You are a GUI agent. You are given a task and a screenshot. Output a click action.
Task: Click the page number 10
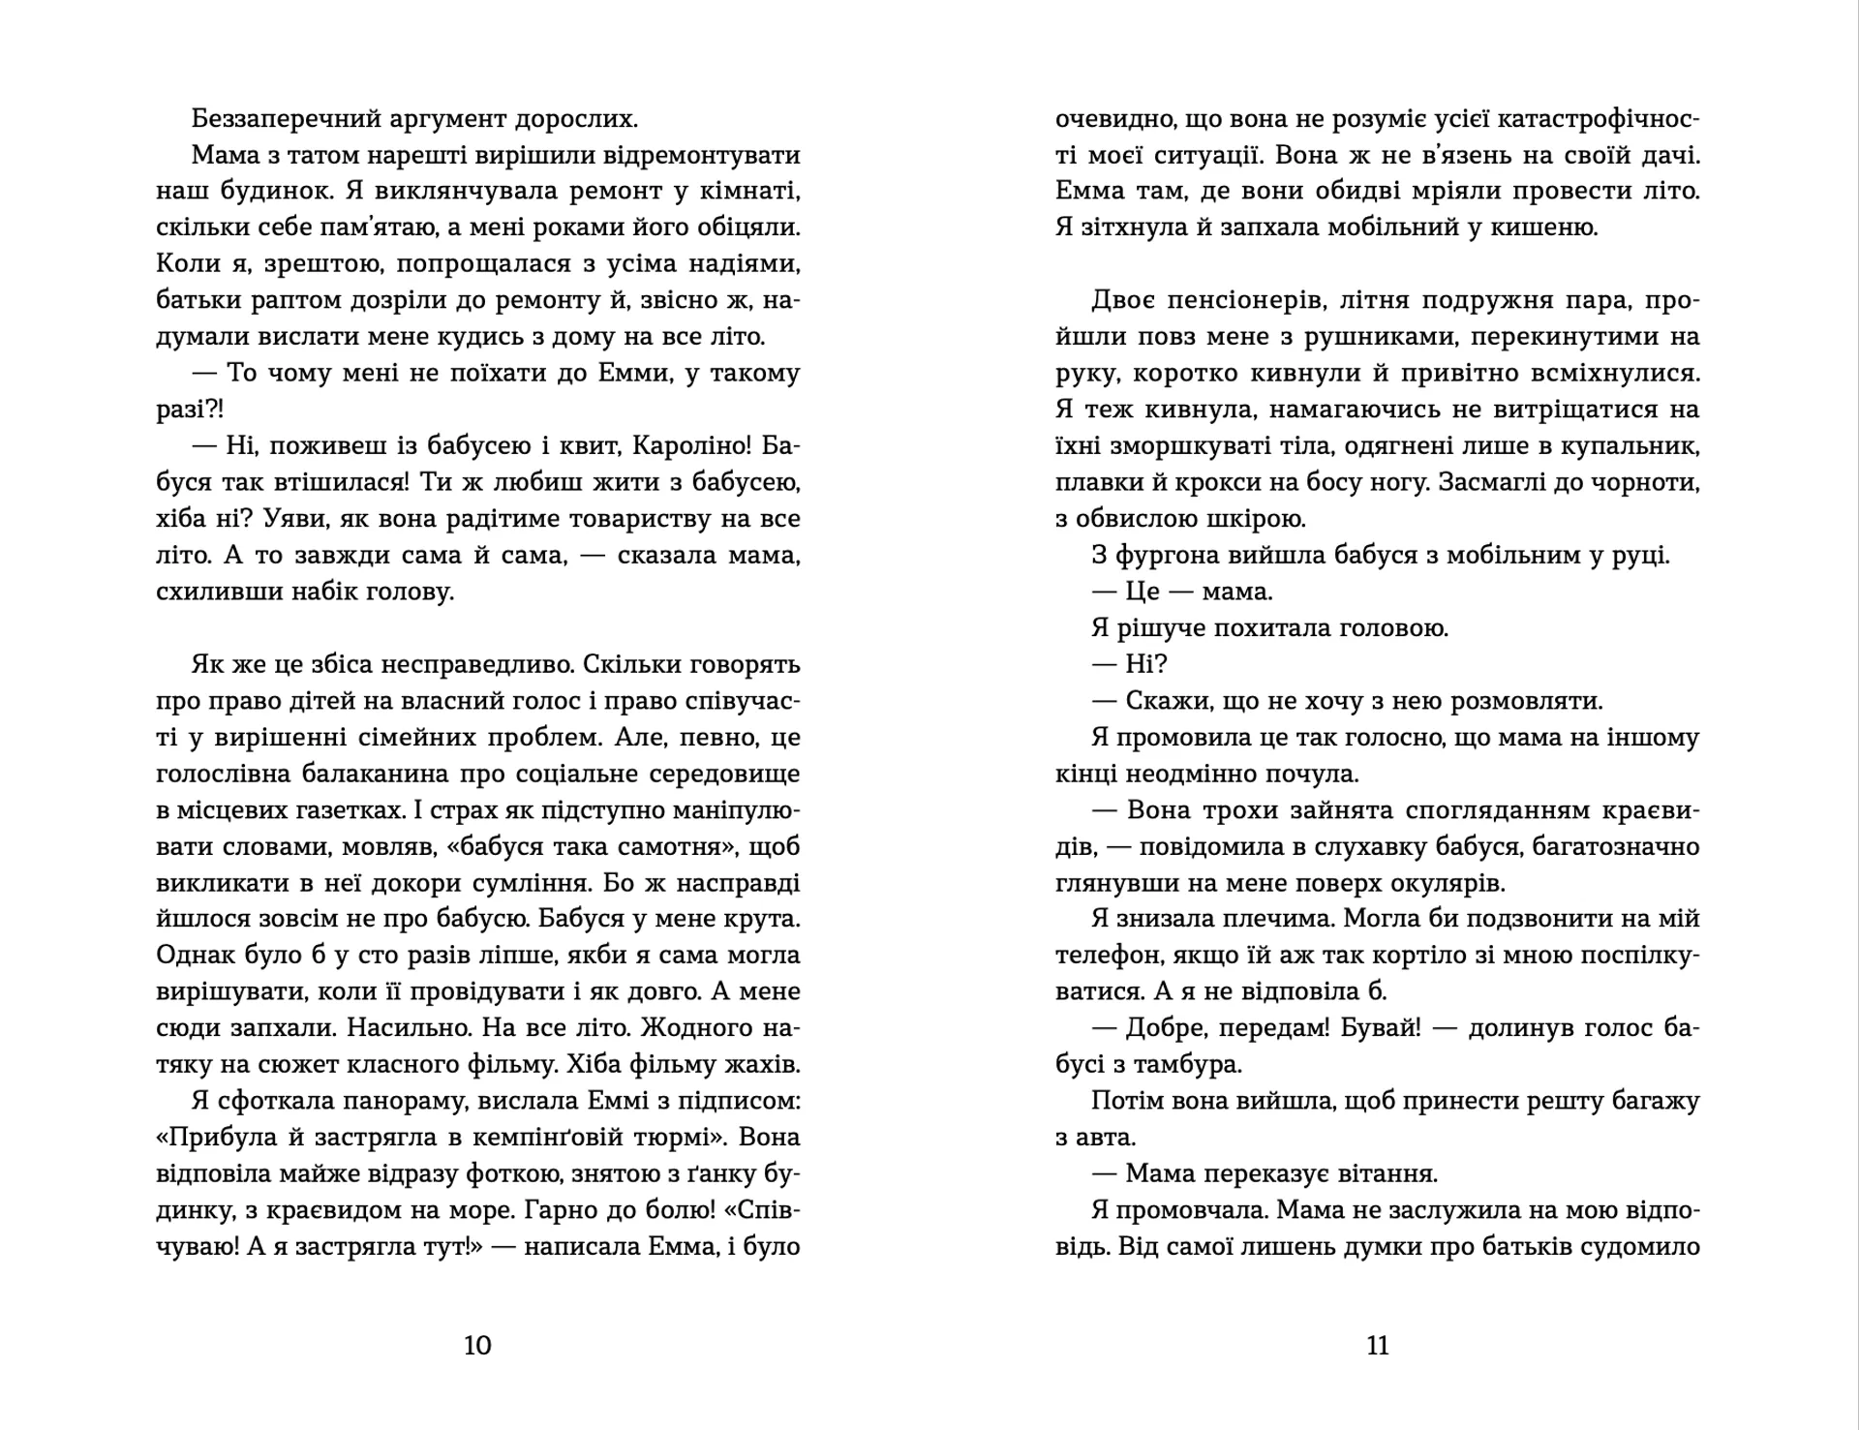coord(478,1345)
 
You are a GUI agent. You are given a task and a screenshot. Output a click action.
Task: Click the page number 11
coord(1377,1345)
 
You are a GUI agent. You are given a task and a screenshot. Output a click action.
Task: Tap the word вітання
coord(1386,1174)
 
